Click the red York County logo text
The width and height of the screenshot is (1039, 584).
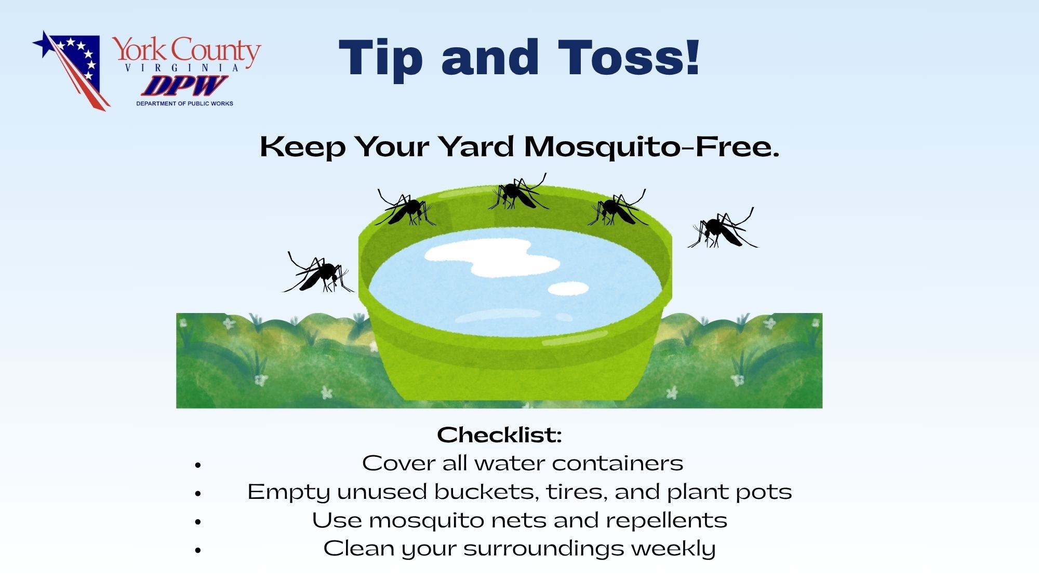[x=187, y=51]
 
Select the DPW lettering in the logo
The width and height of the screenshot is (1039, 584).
[x=184, y=86]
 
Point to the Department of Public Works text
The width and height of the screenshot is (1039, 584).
[x=184, y=103]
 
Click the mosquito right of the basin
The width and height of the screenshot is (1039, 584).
[x=723, y=229]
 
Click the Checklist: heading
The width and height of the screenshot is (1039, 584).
[x=499, y=435]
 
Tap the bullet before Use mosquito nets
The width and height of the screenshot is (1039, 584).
[x=197, y=522]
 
